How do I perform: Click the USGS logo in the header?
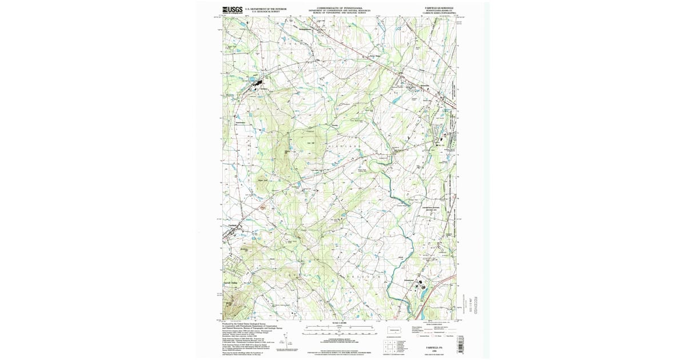[x=232, y=10]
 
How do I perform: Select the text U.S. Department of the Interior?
[x=266, y=9]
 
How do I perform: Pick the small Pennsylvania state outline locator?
[x=394, y=331]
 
